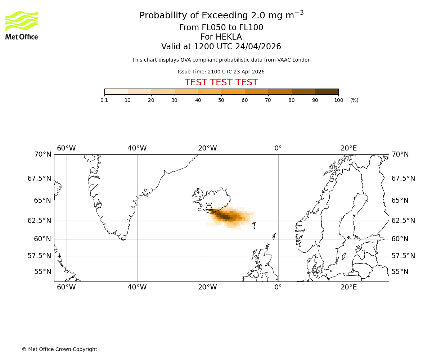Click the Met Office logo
pos(22,25)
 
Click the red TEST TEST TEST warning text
pos(221,82)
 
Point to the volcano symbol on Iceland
pos(209,207)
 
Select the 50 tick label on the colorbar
pos(221,100)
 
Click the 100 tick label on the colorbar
pos(338,100)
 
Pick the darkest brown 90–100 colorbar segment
pos(327,91)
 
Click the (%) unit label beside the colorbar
pos(354,100)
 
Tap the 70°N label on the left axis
pos(42,154)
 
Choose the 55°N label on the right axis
pos(400,272)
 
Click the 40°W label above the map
pos(137,148)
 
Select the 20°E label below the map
pos(348,287)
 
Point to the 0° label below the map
pos(278,287)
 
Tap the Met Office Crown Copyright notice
pos(59,349)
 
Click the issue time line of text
pos(221,72)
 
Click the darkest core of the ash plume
pos(225,216)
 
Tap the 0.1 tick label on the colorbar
pos(104,100)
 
